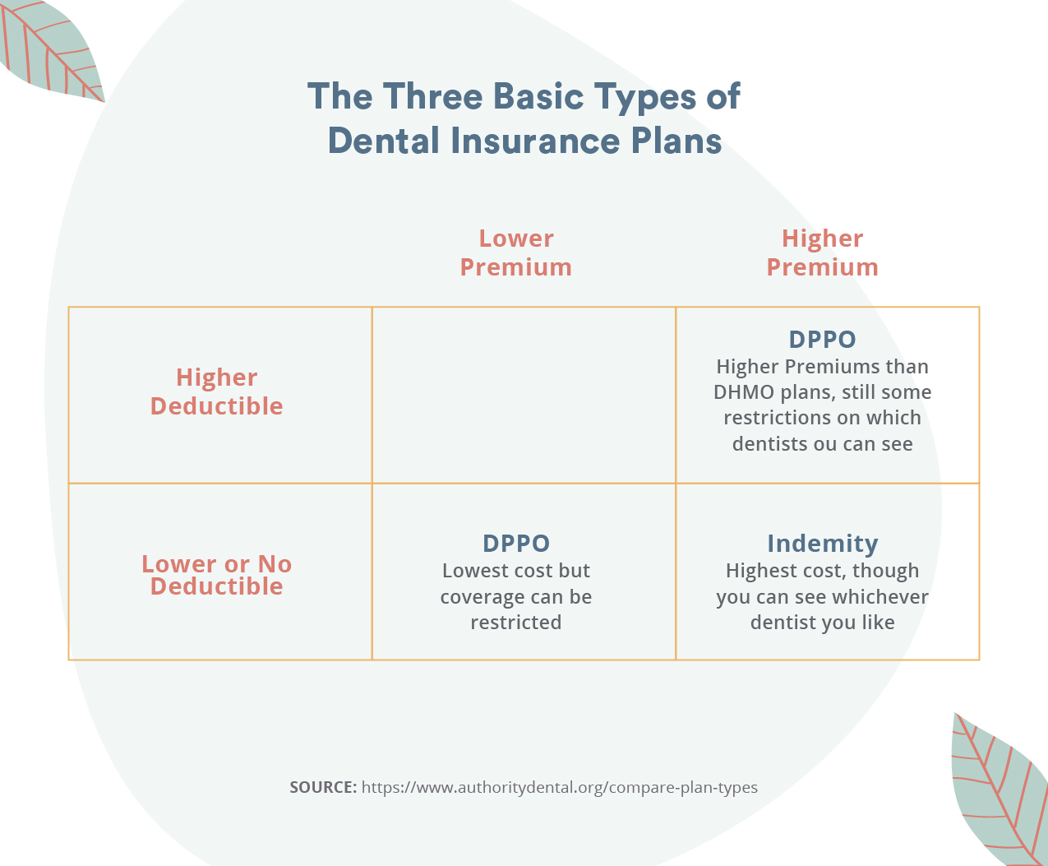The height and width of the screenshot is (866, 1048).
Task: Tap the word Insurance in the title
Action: coord(535,141)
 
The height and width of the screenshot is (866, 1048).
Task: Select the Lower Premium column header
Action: coord(516,252)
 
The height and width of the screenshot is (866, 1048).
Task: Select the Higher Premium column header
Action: coord(822,252)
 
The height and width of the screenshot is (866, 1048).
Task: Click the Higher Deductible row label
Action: coord(217,391)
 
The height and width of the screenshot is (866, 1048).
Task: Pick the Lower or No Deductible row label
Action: coord(217,575)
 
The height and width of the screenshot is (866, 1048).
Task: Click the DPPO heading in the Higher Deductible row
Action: coord(822,339)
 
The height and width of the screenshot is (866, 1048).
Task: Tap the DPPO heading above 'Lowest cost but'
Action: coord(516,543)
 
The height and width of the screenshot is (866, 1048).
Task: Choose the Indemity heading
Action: coord(823,544)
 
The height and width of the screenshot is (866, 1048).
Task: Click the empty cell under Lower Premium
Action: coord(524,395)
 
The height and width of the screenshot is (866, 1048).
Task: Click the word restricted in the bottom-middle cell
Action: coord(516,623)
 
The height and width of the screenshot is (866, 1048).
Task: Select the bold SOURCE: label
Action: coord(323,787)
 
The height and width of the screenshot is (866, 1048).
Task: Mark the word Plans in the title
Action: coord(676,141)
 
